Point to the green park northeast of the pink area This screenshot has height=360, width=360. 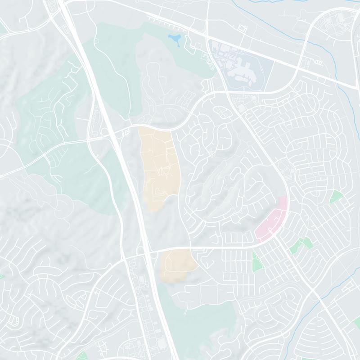tap(336, 197)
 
